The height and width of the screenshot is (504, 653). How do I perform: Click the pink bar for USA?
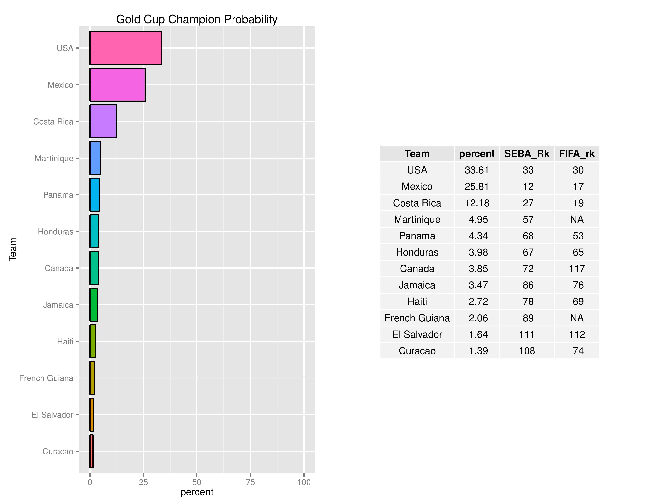coord(126,48)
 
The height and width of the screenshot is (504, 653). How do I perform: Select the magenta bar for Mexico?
coord(118,85)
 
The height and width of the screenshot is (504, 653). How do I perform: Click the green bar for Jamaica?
coord(94,305)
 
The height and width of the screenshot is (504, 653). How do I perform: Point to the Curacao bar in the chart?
coord(91,451)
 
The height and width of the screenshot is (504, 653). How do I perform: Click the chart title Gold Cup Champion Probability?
coord(197,19)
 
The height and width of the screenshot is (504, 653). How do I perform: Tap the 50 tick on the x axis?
coord(197,482)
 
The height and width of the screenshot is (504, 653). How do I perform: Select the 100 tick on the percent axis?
coord(304,482)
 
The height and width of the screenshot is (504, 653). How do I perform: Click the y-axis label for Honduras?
coord(56,232)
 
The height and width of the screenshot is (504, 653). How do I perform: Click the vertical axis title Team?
coord(12,250)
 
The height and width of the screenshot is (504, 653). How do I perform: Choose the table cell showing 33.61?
coord(477,170)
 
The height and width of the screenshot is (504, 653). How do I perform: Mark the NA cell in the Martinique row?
coord(577,219)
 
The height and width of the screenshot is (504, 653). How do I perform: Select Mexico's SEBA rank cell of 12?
coord(528,187)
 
